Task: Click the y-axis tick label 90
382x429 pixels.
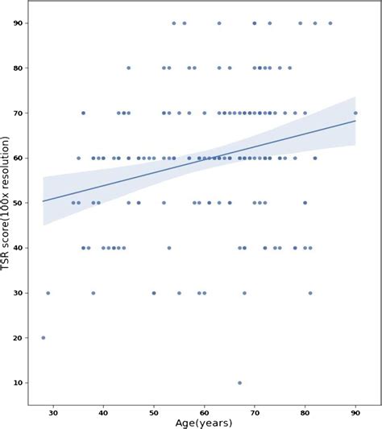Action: pyautogui.click(x=19, y=23)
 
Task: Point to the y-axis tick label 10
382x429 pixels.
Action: pyautogui.click(x=19, y=382)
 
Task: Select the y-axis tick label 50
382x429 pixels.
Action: pyautogui.click(x=19, y=203)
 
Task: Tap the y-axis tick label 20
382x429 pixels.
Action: pyautogui.click(x=19, y=338)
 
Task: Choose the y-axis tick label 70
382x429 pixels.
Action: pyautogui.click(x=19, y=113)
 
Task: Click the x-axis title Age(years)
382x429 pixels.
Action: pyautogui.click(x=204, y=423)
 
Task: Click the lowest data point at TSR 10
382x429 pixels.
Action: pyautogui.click(x=239, y=382)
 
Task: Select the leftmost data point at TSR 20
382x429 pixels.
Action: pyautogui.click(x=44, y=338)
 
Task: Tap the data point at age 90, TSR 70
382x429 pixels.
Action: pyautogui.click(x=355, y=113)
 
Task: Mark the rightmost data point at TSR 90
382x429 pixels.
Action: pyautogui.click(x=330, y=23)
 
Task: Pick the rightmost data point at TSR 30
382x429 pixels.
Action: pyautogui.click(x=309, y=293)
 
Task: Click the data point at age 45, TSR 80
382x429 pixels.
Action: pyautogui.click(x=128, y=68)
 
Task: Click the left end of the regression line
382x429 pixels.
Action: pyautogui.click(x=44, y=201)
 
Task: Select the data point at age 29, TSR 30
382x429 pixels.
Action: pyautogui.click(x=48, y=293)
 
